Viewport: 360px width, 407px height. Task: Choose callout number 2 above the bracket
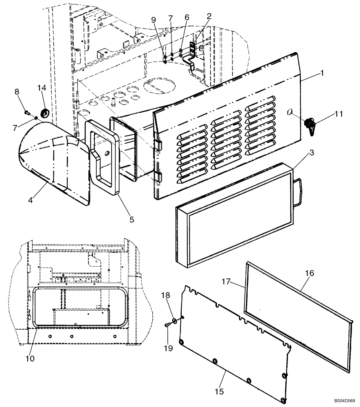[x=209, y=16]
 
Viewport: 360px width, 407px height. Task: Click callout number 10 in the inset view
[x=30, y=358]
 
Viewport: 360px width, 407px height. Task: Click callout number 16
[x=309, y=274]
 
